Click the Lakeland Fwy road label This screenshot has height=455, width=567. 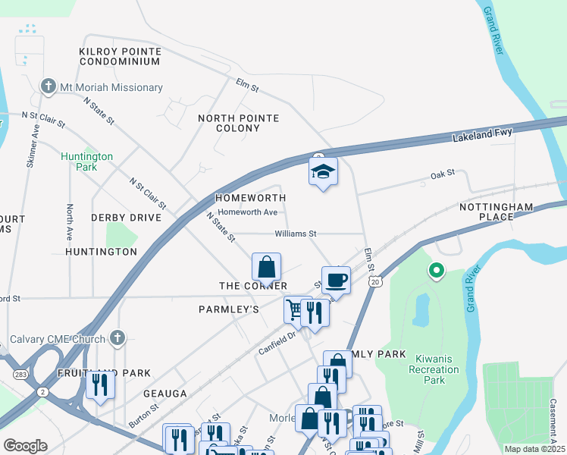tap(483, 136)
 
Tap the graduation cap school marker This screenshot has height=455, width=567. tap(323, 173)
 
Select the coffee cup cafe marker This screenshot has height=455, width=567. tap(336, 281)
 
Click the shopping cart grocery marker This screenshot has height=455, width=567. tap(296, 309)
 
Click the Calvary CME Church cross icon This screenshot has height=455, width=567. tap(117, 337)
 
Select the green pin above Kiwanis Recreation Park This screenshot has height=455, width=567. tap(436, 270)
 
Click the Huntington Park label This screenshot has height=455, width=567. tap(87, 162)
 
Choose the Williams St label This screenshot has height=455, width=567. tap(295, 234)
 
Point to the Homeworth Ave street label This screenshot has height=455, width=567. tap(248, 212)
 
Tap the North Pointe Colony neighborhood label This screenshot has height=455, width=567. tap(239, 123)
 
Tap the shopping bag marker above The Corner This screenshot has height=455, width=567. tap(266, 268)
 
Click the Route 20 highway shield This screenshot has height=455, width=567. tap(375, 282)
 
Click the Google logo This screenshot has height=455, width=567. tap(25, 446)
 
